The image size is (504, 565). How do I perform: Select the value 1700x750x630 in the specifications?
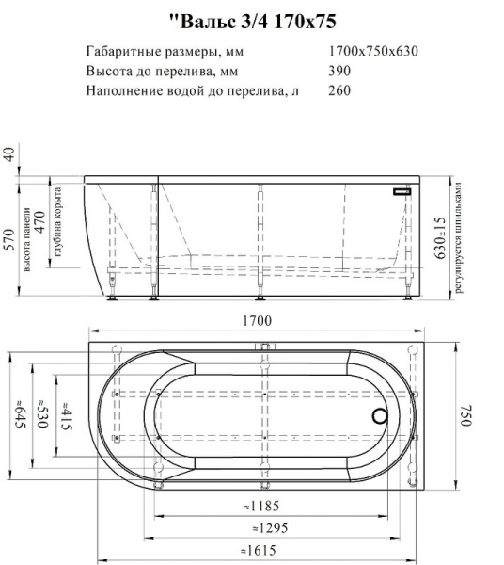373,51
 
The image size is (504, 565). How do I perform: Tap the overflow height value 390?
339,72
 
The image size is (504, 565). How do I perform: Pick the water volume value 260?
339,91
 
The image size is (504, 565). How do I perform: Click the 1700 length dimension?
256,321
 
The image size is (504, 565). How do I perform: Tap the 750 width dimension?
463,417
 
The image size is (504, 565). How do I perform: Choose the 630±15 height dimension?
439,237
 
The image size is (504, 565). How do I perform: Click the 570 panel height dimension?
9,241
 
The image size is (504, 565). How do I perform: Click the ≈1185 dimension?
255,508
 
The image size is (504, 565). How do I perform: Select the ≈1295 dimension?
255,528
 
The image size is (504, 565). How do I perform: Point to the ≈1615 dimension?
255,551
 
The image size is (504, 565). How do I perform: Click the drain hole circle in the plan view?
381,416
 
